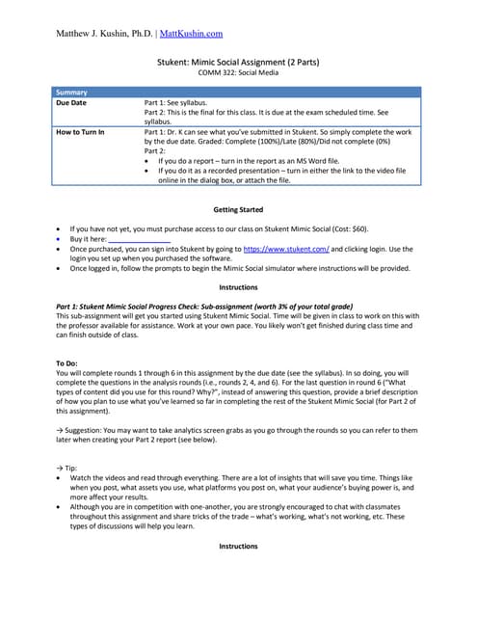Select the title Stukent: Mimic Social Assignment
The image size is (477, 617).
tap(237, 62)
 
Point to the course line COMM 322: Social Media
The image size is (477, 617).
tap(237, 72)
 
